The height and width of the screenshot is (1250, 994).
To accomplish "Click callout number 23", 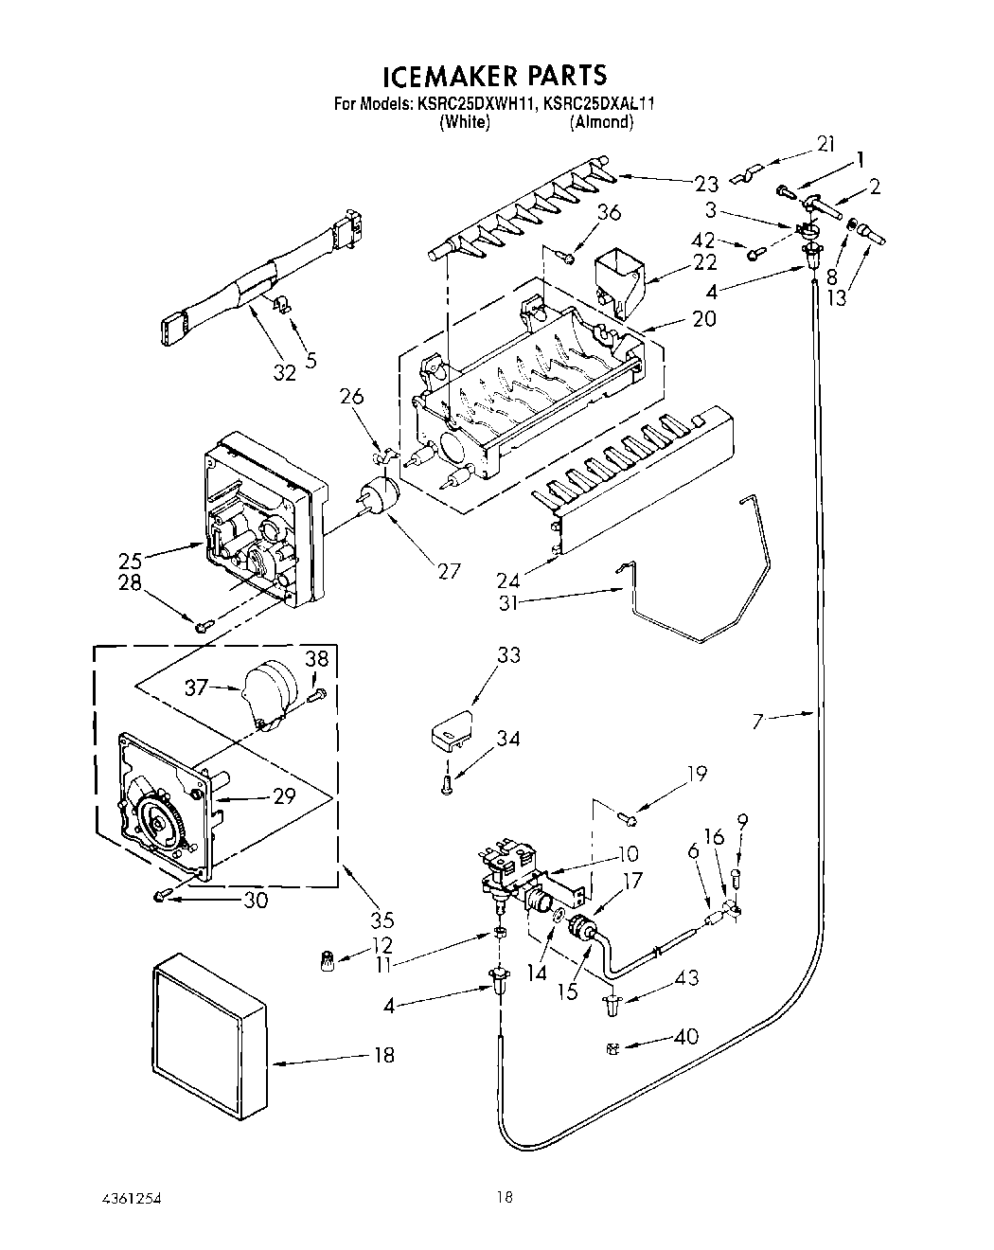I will tap(706, 184).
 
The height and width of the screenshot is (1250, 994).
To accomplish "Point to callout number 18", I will tap(383, 1054).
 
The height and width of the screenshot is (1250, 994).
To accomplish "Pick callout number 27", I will tap(448, 570).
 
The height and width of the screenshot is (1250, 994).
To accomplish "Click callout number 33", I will tap(508, 654).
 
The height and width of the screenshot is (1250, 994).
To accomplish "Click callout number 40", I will tap(686, 1036).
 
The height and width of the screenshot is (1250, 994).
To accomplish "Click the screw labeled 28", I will tap(203, 625).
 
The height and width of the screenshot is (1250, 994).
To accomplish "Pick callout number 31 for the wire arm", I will tap(509, 601).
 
